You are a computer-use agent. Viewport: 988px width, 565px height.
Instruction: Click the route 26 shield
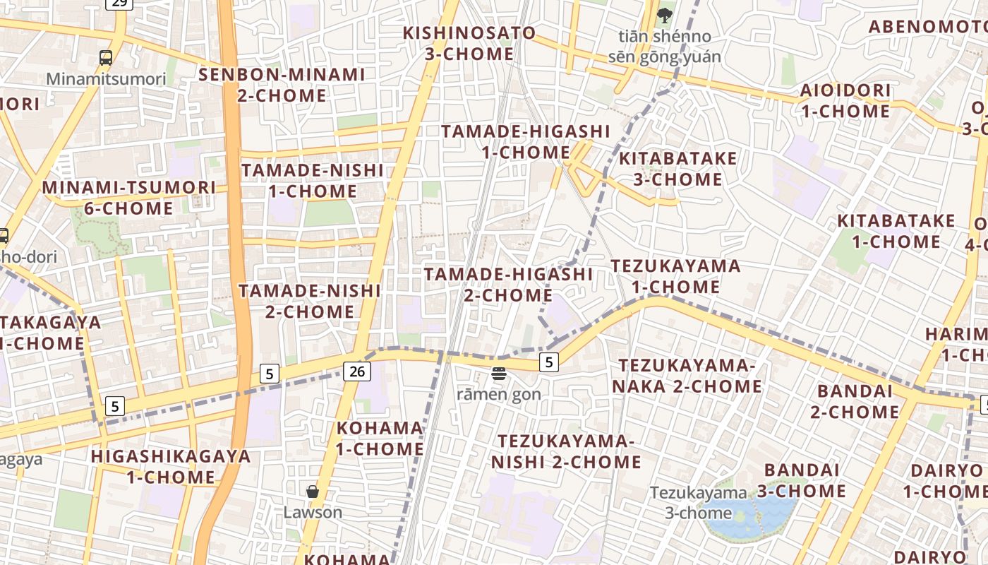(358, 371)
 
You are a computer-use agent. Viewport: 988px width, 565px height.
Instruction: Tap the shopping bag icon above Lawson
(313, 492)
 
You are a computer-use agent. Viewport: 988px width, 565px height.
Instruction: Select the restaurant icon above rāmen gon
(499, 374)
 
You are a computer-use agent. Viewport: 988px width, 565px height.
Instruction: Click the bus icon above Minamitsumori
(106, 58)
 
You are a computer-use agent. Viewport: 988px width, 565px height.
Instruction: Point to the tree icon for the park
(664, 15)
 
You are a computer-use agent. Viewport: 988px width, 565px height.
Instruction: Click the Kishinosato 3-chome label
(469, 43)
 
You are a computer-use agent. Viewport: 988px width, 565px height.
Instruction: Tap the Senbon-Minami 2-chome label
(282, 85)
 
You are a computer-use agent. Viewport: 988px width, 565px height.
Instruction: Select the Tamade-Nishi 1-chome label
(313, 181)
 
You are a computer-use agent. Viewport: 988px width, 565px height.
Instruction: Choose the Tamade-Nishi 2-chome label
(310, 301)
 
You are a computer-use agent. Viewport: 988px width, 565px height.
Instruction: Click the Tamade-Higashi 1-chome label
(526, 142)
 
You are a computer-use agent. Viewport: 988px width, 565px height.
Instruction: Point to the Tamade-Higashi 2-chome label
(508, 284)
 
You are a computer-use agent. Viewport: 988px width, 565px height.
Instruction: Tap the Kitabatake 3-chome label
(677, 169)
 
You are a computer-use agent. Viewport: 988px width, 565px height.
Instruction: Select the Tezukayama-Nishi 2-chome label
(566, 451)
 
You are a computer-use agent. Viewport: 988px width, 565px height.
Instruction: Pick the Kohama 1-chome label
(380, 438)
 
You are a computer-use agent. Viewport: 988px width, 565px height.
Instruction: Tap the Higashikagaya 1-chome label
(171, 466)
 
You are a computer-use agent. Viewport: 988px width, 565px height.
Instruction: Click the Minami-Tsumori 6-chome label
(128, 198)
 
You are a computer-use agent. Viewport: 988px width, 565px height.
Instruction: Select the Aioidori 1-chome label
(845, 101)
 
